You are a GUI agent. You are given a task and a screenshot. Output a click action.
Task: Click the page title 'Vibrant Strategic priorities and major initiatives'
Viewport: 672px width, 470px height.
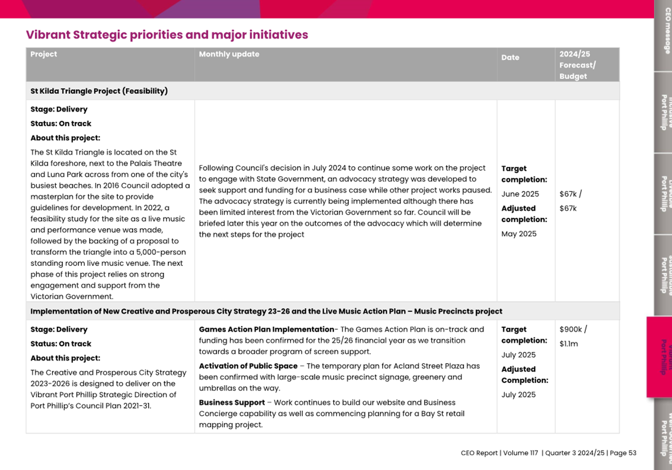[167, 35]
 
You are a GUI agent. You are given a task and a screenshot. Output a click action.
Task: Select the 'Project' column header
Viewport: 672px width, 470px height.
[43, 54]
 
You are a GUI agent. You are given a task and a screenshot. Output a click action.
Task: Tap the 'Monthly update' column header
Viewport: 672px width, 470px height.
[229, 54]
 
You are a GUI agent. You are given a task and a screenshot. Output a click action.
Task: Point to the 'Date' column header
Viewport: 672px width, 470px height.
[510, 58]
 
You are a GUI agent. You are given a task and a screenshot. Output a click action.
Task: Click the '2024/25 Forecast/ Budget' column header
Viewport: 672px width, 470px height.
[577, 65]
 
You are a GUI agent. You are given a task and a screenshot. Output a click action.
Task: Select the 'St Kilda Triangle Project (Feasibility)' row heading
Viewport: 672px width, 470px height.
[99, 91]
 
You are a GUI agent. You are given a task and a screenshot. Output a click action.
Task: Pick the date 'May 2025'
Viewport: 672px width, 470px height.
[519, 234]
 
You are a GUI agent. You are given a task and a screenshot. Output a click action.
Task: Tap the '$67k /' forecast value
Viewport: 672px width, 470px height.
[570, 194]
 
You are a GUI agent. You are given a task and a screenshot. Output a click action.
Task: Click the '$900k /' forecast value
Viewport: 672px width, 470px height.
[573, 330]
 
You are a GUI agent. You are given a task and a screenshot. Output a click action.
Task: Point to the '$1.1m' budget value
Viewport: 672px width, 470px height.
[569, 344]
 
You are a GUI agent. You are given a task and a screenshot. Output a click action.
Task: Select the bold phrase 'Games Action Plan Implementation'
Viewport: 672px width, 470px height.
[266, 330]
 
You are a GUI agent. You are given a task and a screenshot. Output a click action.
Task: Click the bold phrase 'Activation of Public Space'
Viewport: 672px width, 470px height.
[248, 366]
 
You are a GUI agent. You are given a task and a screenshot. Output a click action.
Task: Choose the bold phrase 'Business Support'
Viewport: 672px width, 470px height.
[231, 403]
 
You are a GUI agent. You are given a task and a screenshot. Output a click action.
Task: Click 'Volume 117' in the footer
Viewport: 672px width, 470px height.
[520, 453]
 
